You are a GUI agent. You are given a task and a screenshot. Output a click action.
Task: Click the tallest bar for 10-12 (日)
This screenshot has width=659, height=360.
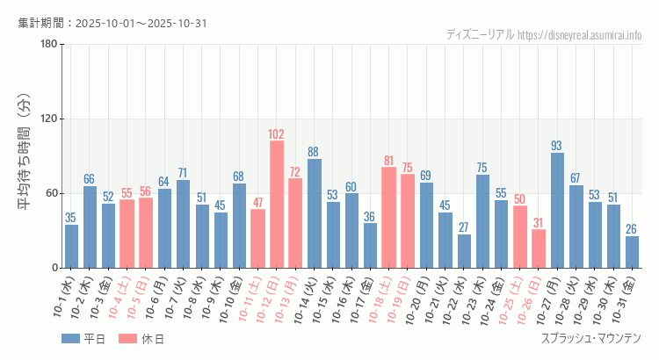pyautogui.click(x=276, y=204)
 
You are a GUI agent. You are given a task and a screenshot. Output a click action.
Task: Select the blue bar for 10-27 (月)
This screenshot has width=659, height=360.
pyautogui.click(x=557, y=210)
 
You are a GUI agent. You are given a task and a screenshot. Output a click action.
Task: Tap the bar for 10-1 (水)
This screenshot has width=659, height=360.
pyautogui.click(x=71, y=246)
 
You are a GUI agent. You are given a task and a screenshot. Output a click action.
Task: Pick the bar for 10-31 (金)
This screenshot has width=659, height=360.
pyautogui.click(x=632, y=252)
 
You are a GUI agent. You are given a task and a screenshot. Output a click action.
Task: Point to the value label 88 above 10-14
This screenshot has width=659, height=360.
pyautogui.click(x=314, y=152)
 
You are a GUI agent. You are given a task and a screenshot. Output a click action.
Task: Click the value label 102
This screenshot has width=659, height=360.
pyautogui.click(x=276, y=134)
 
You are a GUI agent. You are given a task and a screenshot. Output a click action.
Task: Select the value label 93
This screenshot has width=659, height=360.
pyautogui.click(x=557, y=146)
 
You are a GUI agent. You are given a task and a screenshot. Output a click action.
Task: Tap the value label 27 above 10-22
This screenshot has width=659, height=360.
pyautogui.click(x=463, y=227)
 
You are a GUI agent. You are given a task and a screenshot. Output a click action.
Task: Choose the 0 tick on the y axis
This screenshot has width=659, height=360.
pyautogui.click(x=54, y=268)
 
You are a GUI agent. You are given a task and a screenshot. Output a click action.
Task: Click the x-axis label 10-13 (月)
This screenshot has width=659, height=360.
pyautogui.click(x=287, y=299)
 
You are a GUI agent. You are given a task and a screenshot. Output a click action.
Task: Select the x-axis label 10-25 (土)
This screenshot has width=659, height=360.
pyautogui.click(x=512, y=299)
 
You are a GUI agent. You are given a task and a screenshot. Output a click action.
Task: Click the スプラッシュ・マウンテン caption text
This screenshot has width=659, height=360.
pyautogui.click(x=590, y=339)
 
